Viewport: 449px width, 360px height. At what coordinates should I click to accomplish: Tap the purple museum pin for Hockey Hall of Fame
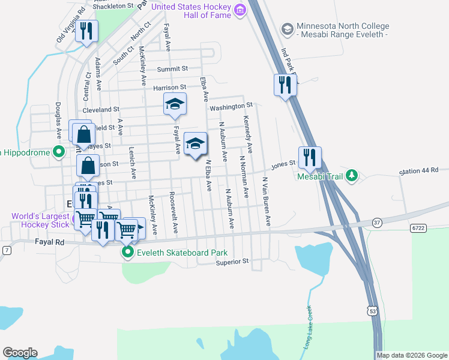240,10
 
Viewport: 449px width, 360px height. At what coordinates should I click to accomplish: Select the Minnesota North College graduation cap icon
287,28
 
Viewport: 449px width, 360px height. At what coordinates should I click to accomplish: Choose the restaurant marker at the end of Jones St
310,157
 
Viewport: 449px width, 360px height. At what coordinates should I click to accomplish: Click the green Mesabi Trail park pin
353,176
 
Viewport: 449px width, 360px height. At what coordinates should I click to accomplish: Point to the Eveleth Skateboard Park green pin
127,253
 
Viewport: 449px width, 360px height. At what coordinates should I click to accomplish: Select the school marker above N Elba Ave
195,144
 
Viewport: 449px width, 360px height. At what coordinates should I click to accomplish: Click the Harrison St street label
170,88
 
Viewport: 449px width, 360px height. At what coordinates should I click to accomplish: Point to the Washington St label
231,107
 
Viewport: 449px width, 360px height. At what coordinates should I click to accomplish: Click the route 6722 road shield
418,228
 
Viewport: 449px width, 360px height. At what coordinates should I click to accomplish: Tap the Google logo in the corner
20,353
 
